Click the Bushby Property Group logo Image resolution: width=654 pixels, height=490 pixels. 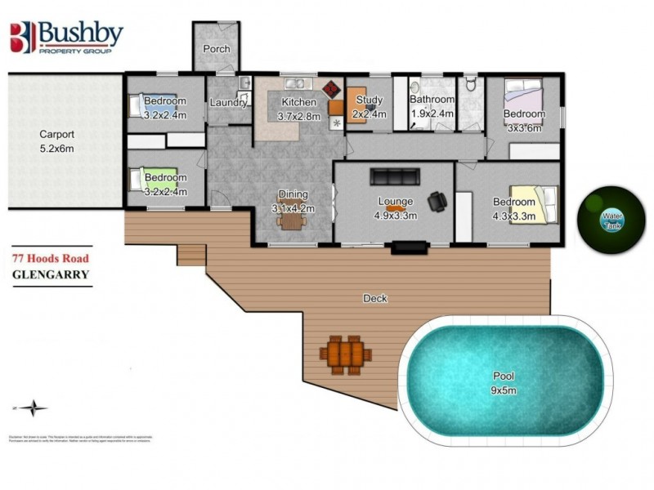[x=66, y=38]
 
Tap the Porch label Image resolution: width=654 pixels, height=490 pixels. [x=217, y=49]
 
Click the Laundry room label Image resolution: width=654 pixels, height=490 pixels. [x=228, y=103]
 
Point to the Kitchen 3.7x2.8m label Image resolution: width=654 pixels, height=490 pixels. [x=298, y=109]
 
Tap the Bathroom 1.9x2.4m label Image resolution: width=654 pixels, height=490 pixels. [x=432, y=107]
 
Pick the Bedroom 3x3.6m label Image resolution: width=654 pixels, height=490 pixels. [x=523, y=120]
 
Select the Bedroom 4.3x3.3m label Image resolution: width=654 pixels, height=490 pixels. [x=513, y=208]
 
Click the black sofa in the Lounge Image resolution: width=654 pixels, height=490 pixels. [x=396, y=176]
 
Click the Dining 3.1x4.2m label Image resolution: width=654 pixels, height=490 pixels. [x=293, y=201]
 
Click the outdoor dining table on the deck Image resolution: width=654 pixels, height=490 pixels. [x=345, y=354]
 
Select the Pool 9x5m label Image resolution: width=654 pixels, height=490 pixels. [x=504, y=383]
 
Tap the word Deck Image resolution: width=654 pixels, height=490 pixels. [x=375, y=299]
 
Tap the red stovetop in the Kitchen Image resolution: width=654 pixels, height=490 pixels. [x=331, y=88]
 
